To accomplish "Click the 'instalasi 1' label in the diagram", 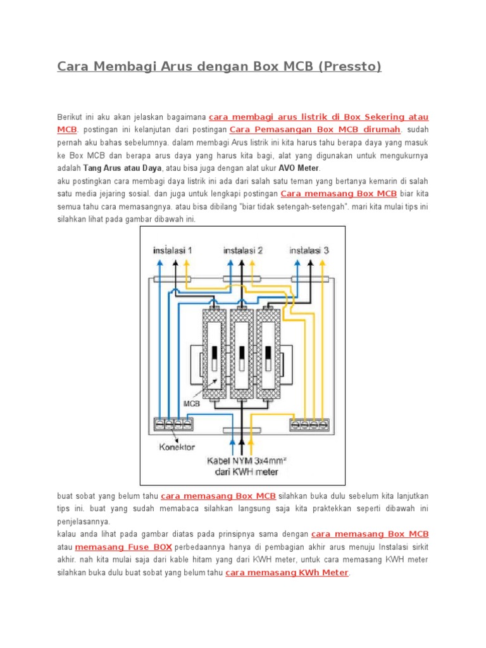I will [x=172, y=250].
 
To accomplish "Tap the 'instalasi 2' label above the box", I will [x=243, y=250].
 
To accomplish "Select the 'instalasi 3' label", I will [x=309, y=250].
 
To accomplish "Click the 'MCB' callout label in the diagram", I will [x=192, y=402].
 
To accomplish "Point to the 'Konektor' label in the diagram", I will [x=178, y=447].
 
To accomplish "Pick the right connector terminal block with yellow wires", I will [x=309, y=424].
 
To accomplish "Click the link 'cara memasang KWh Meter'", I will [x=287, y=573].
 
